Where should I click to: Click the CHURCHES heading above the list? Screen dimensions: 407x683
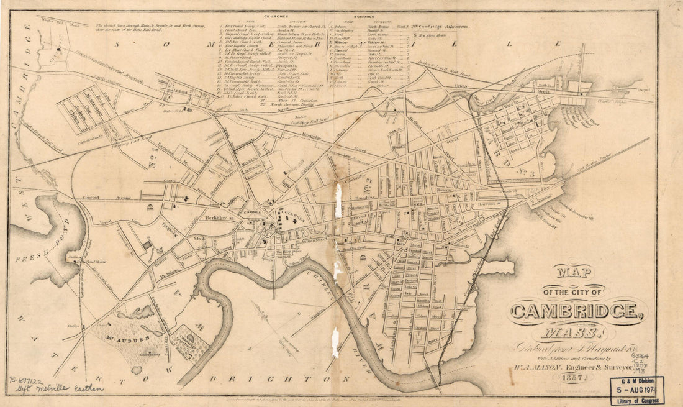(x=278, y=17)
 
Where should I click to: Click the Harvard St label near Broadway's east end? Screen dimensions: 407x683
(x=490, y=203)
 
